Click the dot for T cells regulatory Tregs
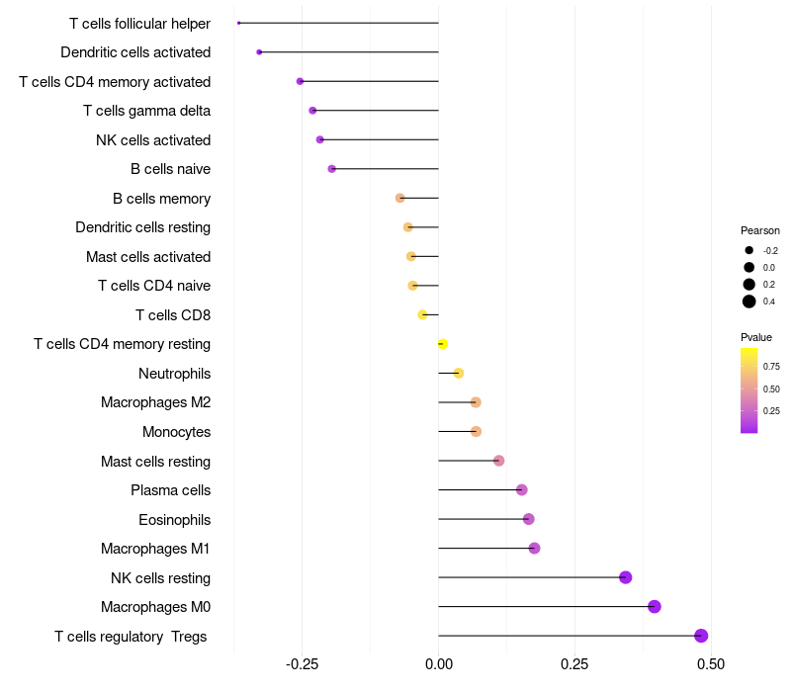701,636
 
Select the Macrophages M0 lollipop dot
654,607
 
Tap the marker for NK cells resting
625,577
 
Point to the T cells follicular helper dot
239,23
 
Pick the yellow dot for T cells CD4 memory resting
443,344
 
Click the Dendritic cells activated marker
259,51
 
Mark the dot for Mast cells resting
498,461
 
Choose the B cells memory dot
399,198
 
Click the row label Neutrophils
174,374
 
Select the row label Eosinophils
174,520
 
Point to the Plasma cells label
170,490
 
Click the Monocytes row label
176,432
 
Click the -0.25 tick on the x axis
302,663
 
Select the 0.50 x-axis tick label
710,663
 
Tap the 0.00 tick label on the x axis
438,663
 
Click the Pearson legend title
760,230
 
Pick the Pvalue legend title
756,337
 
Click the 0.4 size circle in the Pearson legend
749,302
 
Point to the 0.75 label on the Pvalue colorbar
771,367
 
